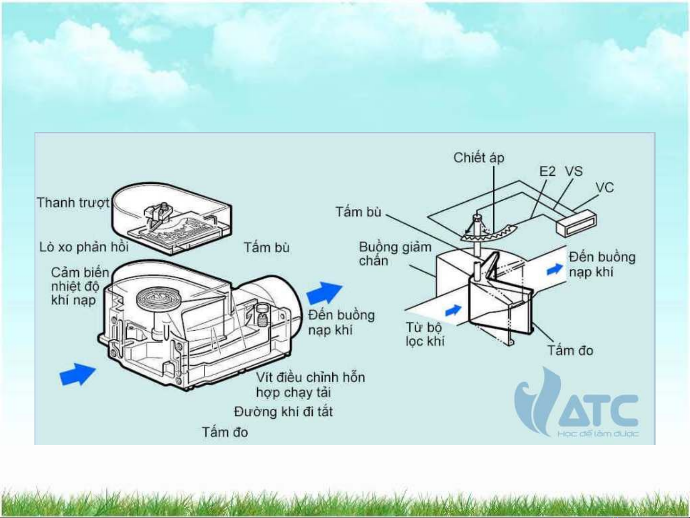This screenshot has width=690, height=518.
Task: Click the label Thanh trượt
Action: (x=73, y=203)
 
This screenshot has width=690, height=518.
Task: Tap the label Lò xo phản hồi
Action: (x=84, y=247)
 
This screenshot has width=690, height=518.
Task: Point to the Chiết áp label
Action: (x=478, y=158)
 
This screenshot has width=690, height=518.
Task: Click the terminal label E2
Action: (x=547, y=172)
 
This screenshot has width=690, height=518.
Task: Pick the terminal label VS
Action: (x=573, y=172)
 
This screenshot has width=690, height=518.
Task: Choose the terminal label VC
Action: (x=604, y=187)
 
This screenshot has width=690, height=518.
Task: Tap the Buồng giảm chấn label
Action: (x=395, y=253)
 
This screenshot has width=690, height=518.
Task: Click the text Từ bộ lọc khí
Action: (x=424, y=334)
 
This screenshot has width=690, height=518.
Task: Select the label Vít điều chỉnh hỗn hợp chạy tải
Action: (x=310, y=384)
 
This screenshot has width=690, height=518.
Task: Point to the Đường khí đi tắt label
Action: (x=283, y=412)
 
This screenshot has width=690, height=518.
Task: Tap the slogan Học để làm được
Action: (x=598, y=434)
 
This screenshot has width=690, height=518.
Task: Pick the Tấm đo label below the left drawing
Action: (x=225, y=432)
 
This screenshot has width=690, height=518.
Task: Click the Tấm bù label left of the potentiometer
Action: (x=358, y=211)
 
